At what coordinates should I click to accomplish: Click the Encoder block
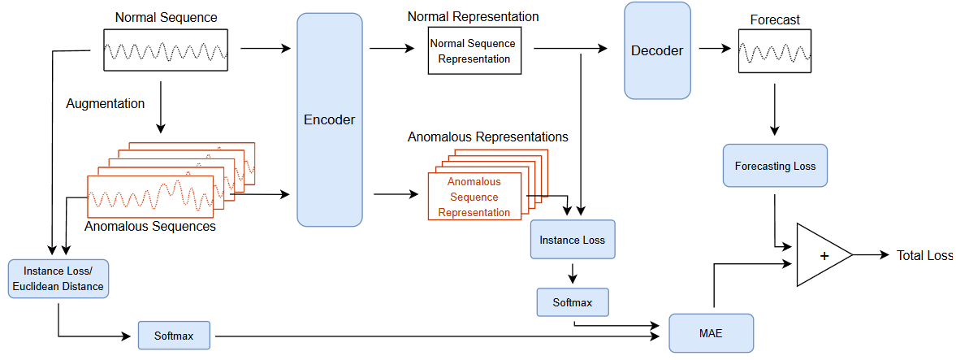329,119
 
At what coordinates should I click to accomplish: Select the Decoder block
657,50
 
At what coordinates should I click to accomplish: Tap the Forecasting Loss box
775,166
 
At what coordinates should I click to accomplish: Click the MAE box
712,332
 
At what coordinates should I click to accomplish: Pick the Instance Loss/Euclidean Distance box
58,278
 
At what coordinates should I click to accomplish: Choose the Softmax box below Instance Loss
572,302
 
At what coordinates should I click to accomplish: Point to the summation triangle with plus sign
820,255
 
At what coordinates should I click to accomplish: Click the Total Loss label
924,255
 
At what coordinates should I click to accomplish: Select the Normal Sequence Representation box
474,50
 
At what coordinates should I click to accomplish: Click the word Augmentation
106,104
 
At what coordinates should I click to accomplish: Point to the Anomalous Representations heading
487,137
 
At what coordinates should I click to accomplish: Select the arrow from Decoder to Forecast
714,49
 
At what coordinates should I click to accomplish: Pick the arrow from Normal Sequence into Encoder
265,49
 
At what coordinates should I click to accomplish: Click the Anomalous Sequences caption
149,227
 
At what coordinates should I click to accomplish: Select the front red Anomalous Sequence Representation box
474,197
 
